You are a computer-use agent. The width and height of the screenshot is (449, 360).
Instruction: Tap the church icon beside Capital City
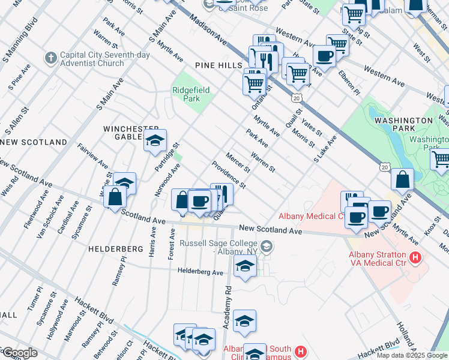pyautogui.click(x=50, y=58)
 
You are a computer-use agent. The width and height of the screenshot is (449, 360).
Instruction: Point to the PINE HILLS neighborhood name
pyautogui.click(x=218, y=65)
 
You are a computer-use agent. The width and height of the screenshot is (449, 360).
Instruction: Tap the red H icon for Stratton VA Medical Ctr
pyautogui.click(x=414, y=258)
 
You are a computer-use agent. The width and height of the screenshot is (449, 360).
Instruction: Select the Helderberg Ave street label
pyautogui.click(x=200, y=272)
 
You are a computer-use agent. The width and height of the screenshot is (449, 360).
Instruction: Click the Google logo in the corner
pyautogui.click(x=19, y=353)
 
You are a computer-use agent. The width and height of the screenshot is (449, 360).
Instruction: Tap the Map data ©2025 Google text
pyautogui.click(x=412, y=355)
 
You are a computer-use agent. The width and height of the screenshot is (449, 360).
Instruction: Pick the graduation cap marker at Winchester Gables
pyautogui.click(x=155, y=142)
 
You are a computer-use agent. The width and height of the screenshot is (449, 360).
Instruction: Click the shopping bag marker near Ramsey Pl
pyautogui.click(x=114, y=196)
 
